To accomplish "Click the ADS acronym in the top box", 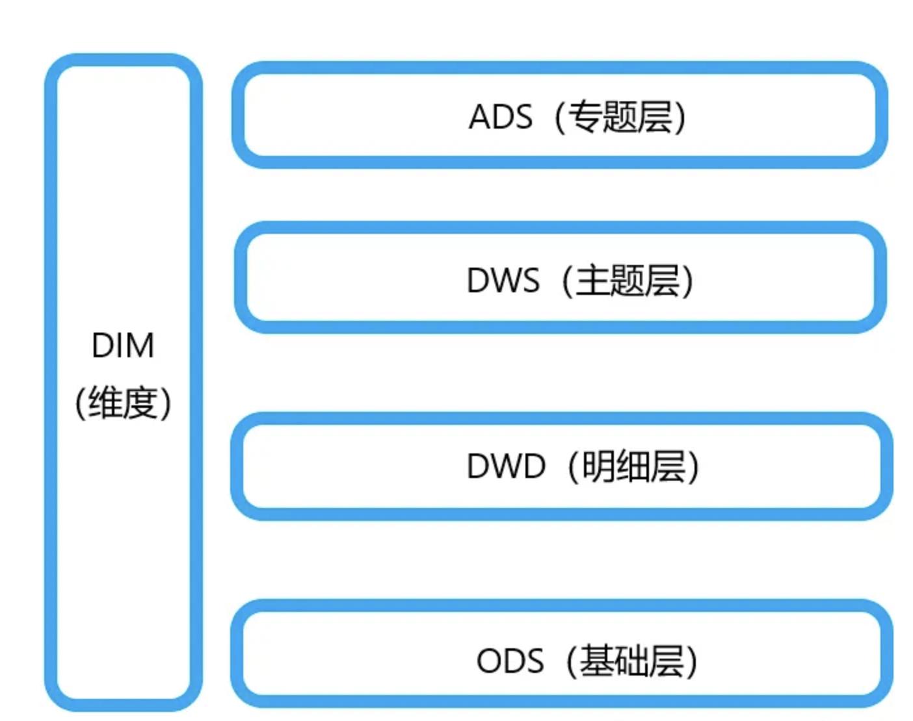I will point(500,118).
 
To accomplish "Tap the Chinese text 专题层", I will point(620,118).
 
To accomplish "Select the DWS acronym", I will point(503,281).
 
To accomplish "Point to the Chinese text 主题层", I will point(628,281).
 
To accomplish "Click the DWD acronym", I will point(505,466).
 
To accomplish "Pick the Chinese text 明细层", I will point(633,466).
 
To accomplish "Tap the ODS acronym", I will point(510,661).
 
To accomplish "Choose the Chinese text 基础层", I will point(631,661).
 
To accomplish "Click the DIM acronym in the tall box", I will point(123,346).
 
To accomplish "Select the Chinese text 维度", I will point(123,403).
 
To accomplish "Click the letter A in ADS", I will point(479,118).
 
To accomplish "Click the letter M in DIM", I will point(140,346).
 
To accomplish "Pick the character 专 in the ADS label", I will point(585,118).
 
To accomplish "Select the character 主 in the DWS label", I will point(592,281).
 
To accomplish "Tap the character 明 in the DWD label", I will point(597,466).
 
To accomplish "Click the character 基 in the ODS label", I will point(596,661).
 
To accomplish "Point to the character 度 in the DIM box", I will point(140,403).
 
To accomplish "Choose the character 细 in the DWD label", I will point(633,466).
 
